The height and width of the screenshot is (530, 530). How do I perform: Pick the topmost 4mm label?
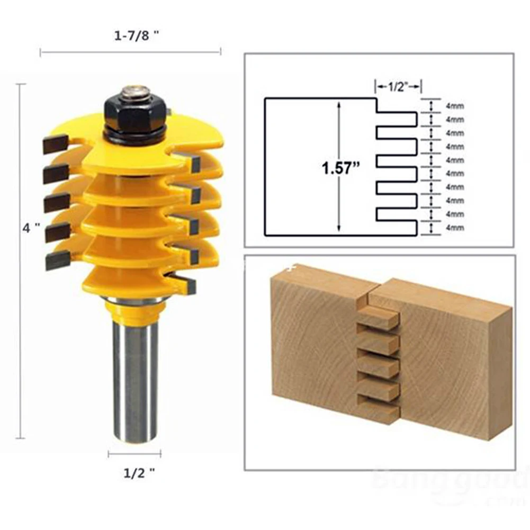(x=455, y=105)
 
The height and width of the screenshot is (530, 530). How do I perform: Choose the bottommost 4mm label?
(x=455, y=228)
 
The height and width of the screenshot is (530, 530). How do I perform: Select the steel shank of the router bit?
(x=135, y=371)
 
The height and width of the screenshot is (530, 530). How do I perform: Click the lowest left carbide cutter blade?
(x=57, y=260)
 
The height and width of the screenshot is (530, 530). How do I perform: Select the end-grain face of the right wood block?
(x=499, y=376)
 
